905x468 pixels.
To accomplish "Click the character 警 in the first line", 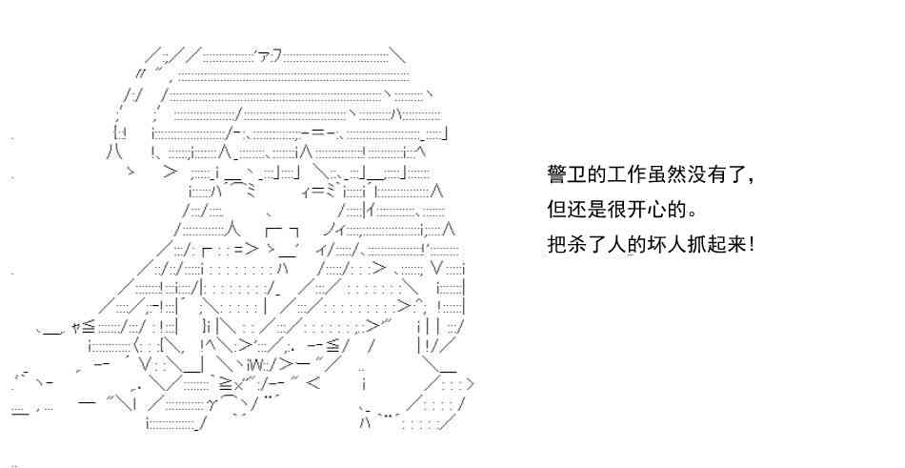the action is point(556,173).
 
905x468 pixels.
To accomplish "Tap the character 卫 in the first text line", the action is point(576,173).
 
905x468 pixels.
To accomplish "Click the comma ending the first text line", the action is point(751,181).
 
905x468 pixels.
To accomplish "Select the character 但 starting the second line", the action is point(556,209).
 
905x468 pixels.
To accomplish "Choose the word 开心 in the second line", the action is point(648,209).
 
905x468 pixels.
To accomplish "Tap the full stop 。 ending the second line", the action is point(694,214).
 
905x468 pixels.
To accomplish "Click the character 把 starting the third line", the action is point(556,244).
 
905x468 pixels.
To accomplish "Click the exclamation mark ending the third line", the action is point(751,244).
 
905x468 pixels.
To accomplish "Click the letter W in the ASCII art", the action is point(256,364).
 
